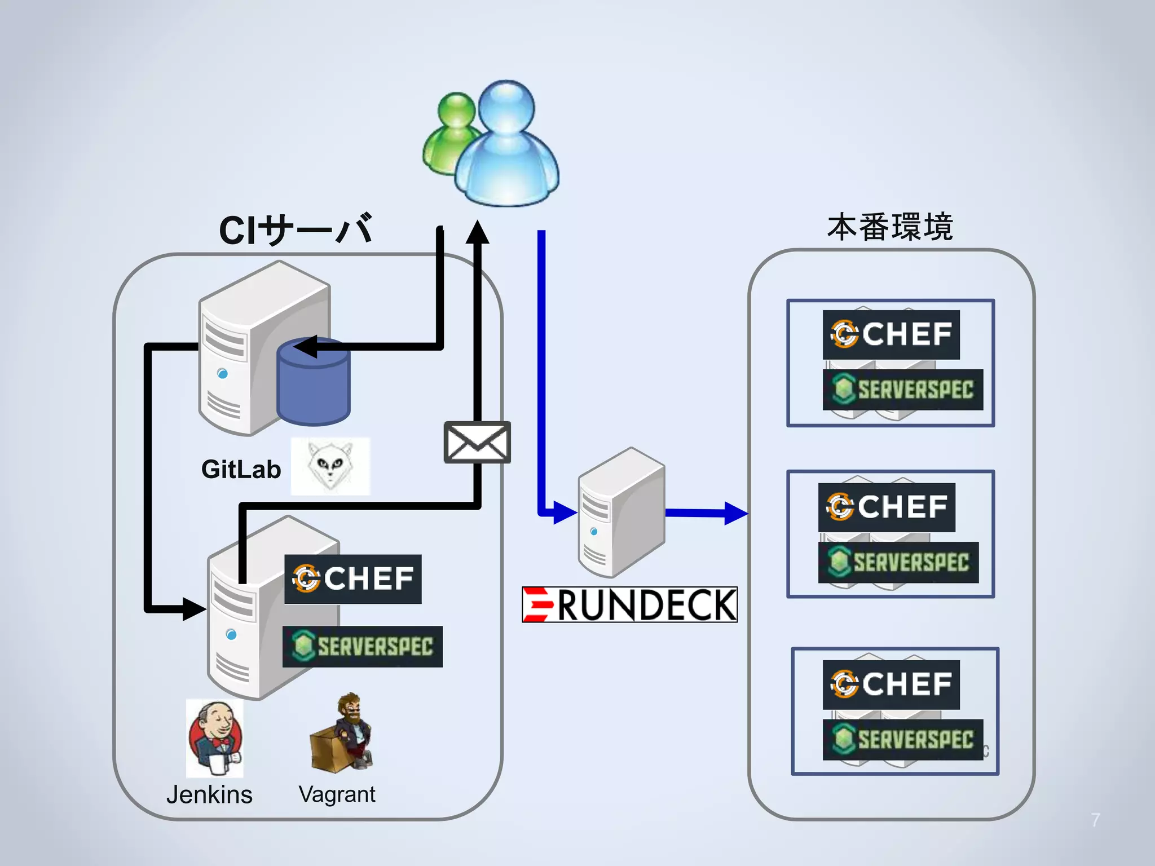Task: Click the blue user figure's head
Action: tap(506, 107)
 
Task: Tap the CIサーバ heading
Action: tap(296, 230)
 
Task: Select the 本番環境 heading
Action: tap(890, 227)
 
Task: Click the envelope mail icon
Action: tap(477, 443)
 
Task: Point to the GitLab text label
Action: tap(241, 469)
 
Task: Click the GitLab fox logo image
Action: tap(330, 466)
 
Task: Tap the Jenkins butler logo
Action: tap(215, 737)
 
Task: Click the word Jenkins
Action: tap(209, 794)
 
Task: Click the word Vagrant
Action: tap(337, 794)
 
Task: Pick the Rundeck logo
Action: tap(629, 604)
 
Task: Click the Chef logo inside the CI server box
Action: tap(353, 579)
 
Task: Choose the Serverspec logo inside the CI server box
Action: tap(363, 647)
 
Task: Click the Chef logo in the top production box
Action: tap(891, 334)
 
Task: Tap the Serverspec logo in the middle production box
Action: tap(898, 562)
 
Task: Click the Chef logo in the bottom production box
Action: tap(891, 684)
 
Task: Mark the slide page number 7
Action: tap(1095, 820)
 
